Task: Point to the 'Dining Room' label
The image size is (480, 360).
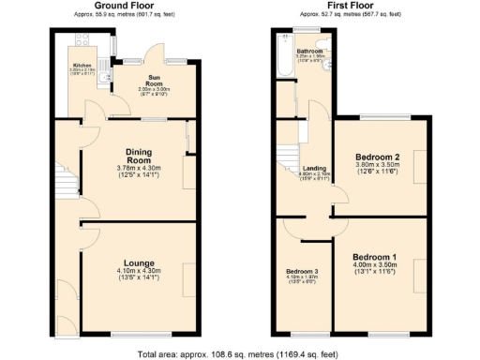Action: (139, 155)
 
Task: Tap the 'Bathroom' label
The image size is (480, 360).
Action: (309, 51)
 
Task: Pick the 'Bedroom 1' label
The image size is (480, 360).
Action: (375, 256)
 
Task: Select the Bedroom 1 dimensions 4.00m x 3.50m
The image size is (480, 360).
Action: (375, 265)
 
